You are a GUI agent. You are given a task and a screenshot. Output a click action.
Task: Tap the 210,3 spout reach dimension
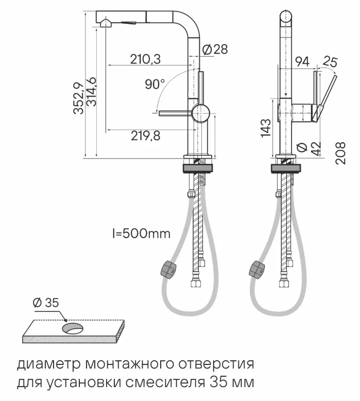click(145, 60)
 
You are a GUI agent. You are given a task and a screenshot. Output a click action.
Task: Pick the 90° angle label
click(155, 84)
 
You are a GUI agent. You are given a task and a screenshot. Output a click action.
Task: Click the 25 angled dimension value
click(330, 63)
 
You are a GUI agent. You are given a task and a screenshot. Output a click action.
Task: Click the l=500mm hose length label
click(141, 234)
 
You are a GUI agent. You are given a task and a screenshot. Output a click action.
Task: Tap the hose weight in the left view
click(167, 269)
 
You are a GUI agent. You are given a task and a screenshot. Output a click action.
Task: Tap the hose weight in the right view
click(257, 269)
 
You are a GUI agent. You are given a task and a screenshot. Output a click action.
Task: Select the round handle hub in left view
click(200, 111)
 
